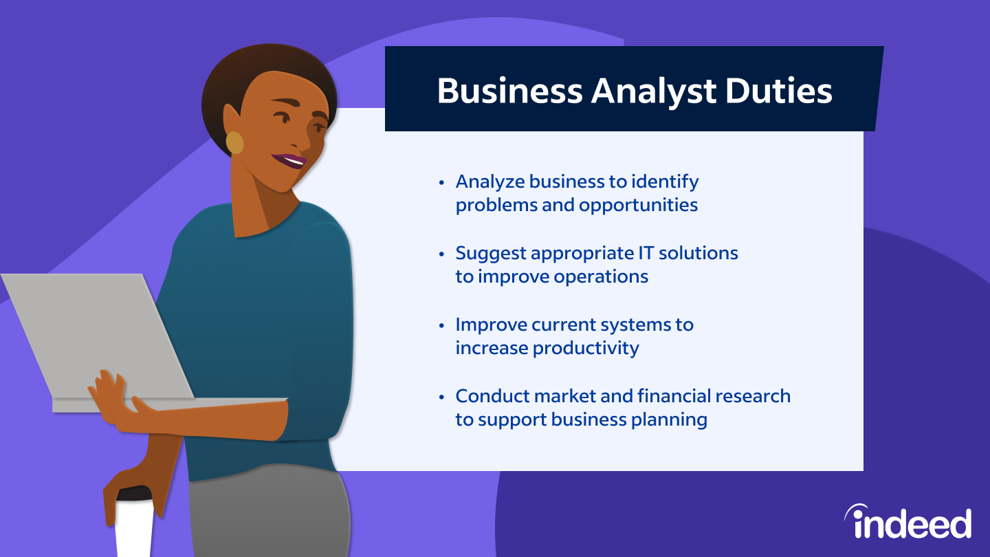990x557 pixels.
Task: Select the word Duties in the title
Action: pyautogui.click(x=784, y=91)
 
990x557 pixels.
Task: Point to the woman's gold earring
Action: pyautogui.click(x=235, y=142)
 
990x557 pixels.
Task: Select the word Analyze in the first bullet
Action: pyautogui.click(x=489, y=182)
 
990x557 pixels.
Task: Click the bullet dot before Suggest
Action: pyautogui.click(x=442, y=254)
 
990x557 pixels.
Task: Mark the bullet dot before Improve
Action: pyautogui.click(x=442, y=326)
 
